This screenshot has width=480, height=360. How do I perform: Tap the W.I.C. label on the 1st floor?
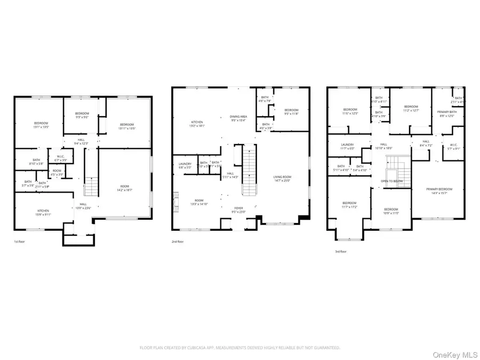tap(61, 158)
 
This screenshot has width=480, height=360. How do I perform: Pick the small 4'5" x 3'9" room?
tap(57, 172)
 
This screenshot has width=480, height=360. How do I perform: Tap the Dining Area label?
tap(238, 118)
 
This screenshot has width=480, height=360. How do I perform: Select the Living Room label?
tap(283, 180)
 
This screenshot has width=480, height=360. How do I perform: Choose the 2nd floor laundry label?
tap(185, 165)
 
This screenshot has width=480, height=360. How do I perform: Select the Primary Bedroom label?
tap(439, 191)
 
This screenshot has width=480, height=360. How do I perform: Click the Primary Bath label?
tap(446, 114)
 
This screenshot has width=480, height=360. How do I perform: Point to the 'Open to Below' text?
tap(391, 181)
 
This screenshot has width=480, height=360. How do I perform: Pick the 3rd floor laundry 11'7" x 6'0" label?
tap(347, 147)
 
